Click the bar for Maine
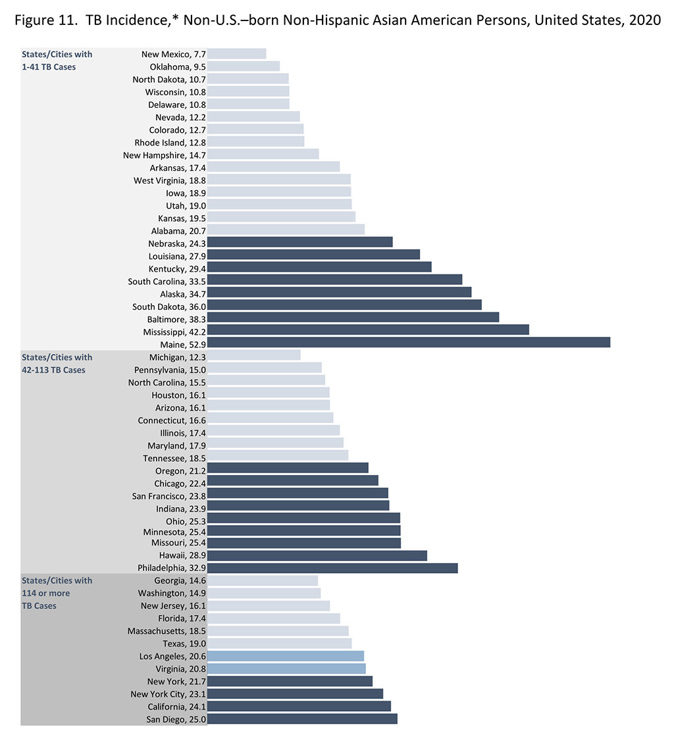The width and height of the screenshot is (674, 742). point(408,342)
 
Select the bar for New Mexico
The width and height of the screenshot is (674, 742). point(236,54)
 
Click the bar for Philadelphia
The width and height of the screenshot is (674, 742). point(332,568)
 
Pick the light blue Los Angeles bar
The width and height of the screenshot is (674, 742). point(285,656)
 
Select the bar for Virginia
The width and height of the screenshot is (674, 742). point(286,668)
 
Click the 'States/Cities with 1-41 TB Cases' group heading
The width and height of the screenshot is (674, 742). point(57,61)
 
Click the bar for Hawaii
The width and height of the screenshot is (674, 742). point(317,555)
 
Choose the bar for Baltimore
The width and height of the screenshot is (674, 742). point(353,317)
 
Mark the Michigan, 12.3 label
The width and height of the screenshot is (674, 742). point(177,357)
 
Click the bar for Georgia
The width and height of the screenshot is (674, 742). point(262,580)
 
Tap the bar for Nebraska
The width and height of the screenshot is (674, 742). point(299,242)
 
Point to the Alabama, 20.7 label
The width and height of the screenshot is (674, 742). point(177,230)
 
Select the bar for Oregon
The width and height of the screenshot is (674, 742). point(287,468)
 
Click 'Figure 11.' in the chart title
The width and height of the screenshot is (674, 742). point(41,20)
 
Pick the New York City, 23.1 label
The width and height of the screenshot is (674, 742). point(168,694)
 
